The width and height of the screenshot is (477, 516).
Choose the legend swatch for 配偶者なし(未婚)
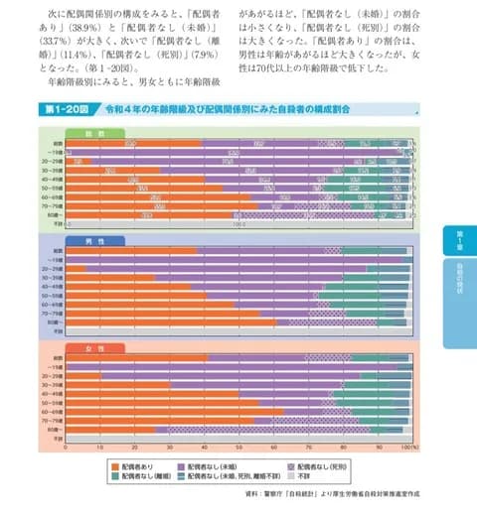(x=205, y=464)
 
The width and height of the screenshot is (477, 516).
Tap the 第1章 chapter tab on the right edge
(x=460, y=238)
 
